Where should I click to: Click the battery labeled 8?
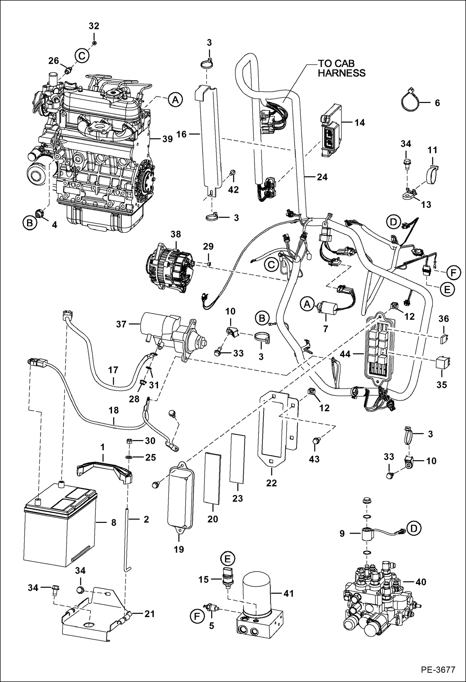click(59, 526)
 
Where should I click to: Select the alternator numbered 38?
click(170, 267)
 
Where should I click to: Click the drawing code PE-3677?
click(438, 670)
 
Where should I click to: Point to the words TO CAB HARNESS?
click(341, 68)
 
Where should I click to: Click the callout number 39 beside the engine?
click(167, 139)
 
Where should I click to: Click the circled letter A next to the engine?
click(175, 100)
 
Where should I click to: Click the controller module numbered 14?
click(331, 131)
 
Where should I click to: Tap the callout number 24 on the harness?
click(322, 177)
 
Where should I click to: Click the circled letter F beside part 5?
click(197, 616)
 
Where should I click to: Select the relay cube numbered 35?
click(443, 362)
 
